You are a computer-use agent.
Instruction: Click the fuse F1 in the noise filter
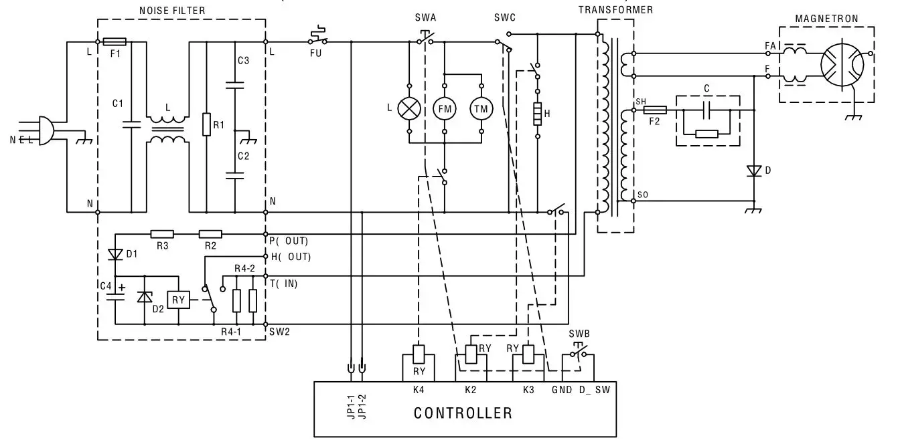(116, 41)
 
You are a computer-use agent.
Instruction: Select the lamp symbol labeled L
(408, 108)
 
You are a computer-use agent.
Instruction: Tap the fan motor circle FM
(445, 108)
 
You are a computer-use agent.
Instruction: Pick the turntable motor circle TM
(481, 108)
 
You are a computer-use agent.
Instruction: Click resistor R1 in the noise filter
(207, 124)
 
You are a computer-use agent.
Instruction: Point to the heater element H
(536, 114)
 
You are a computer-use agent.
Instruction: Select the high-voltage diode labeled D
(754, 171)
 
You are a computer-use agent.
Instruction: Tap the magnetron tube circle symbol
(842, 65)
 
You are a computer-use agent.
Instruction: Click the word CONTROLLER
(463, 413)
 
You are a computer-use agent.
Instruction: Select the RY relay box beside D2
(177, 300)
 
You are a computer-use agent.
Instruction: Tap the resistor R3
(162, 234)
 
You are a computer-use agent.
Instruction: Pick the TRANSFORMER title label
(615, 10)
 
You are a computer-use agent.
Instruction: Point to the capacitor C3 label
(243, 61)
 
